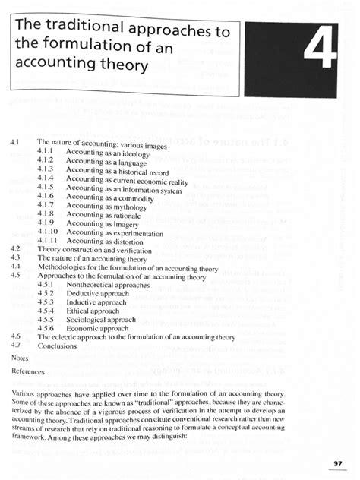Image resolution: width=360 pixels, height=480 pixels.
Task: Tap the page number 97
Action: [338, 464]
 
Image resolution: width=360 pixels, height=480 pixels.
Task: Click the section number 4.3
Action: [17, 258]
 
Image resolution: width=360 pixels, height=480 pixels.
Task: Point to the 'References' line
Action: [28, 372]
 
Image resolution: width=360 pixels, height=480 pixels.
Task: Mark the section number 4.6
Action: [17, 336]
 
